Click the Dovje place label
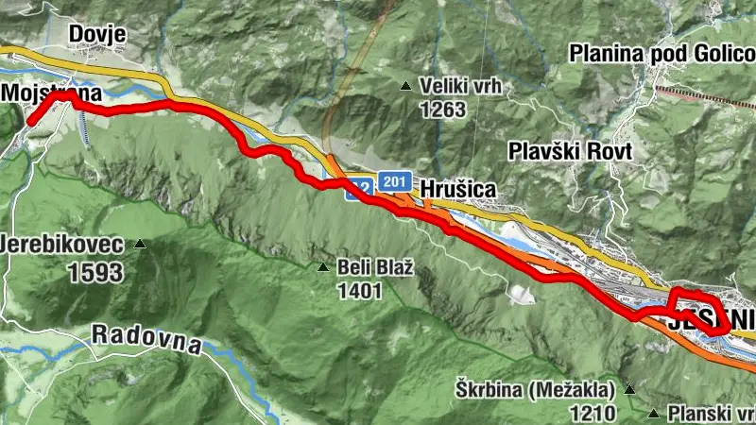[96, 34]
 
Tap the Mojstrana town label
[51, 93]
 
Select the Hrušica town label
[457, 189]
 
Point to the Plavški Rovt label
[554, 150]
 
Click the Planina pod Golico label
[661, 53]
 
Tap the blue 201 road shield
[394, 180]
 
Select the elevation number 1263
[444, 110]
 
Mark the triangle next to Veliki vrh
[406, 87]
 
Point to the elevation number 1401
[359, 291]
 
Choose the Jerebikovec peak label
[64, 246]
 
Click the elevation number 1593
[95, 274]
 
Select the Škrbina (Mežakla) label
[531, 389]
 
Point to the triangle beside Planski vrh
[655, 413]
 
